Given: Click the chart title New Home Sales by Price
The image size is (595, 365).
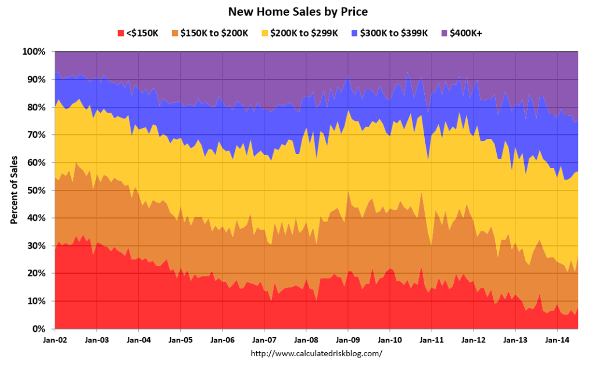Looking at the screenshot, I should point(297,11).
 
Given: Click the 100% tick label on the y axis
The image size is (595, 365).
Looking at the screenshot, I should point(34,52).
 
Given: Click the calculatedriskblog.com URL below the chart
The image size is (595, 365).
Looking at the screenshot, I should point(316,353).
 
